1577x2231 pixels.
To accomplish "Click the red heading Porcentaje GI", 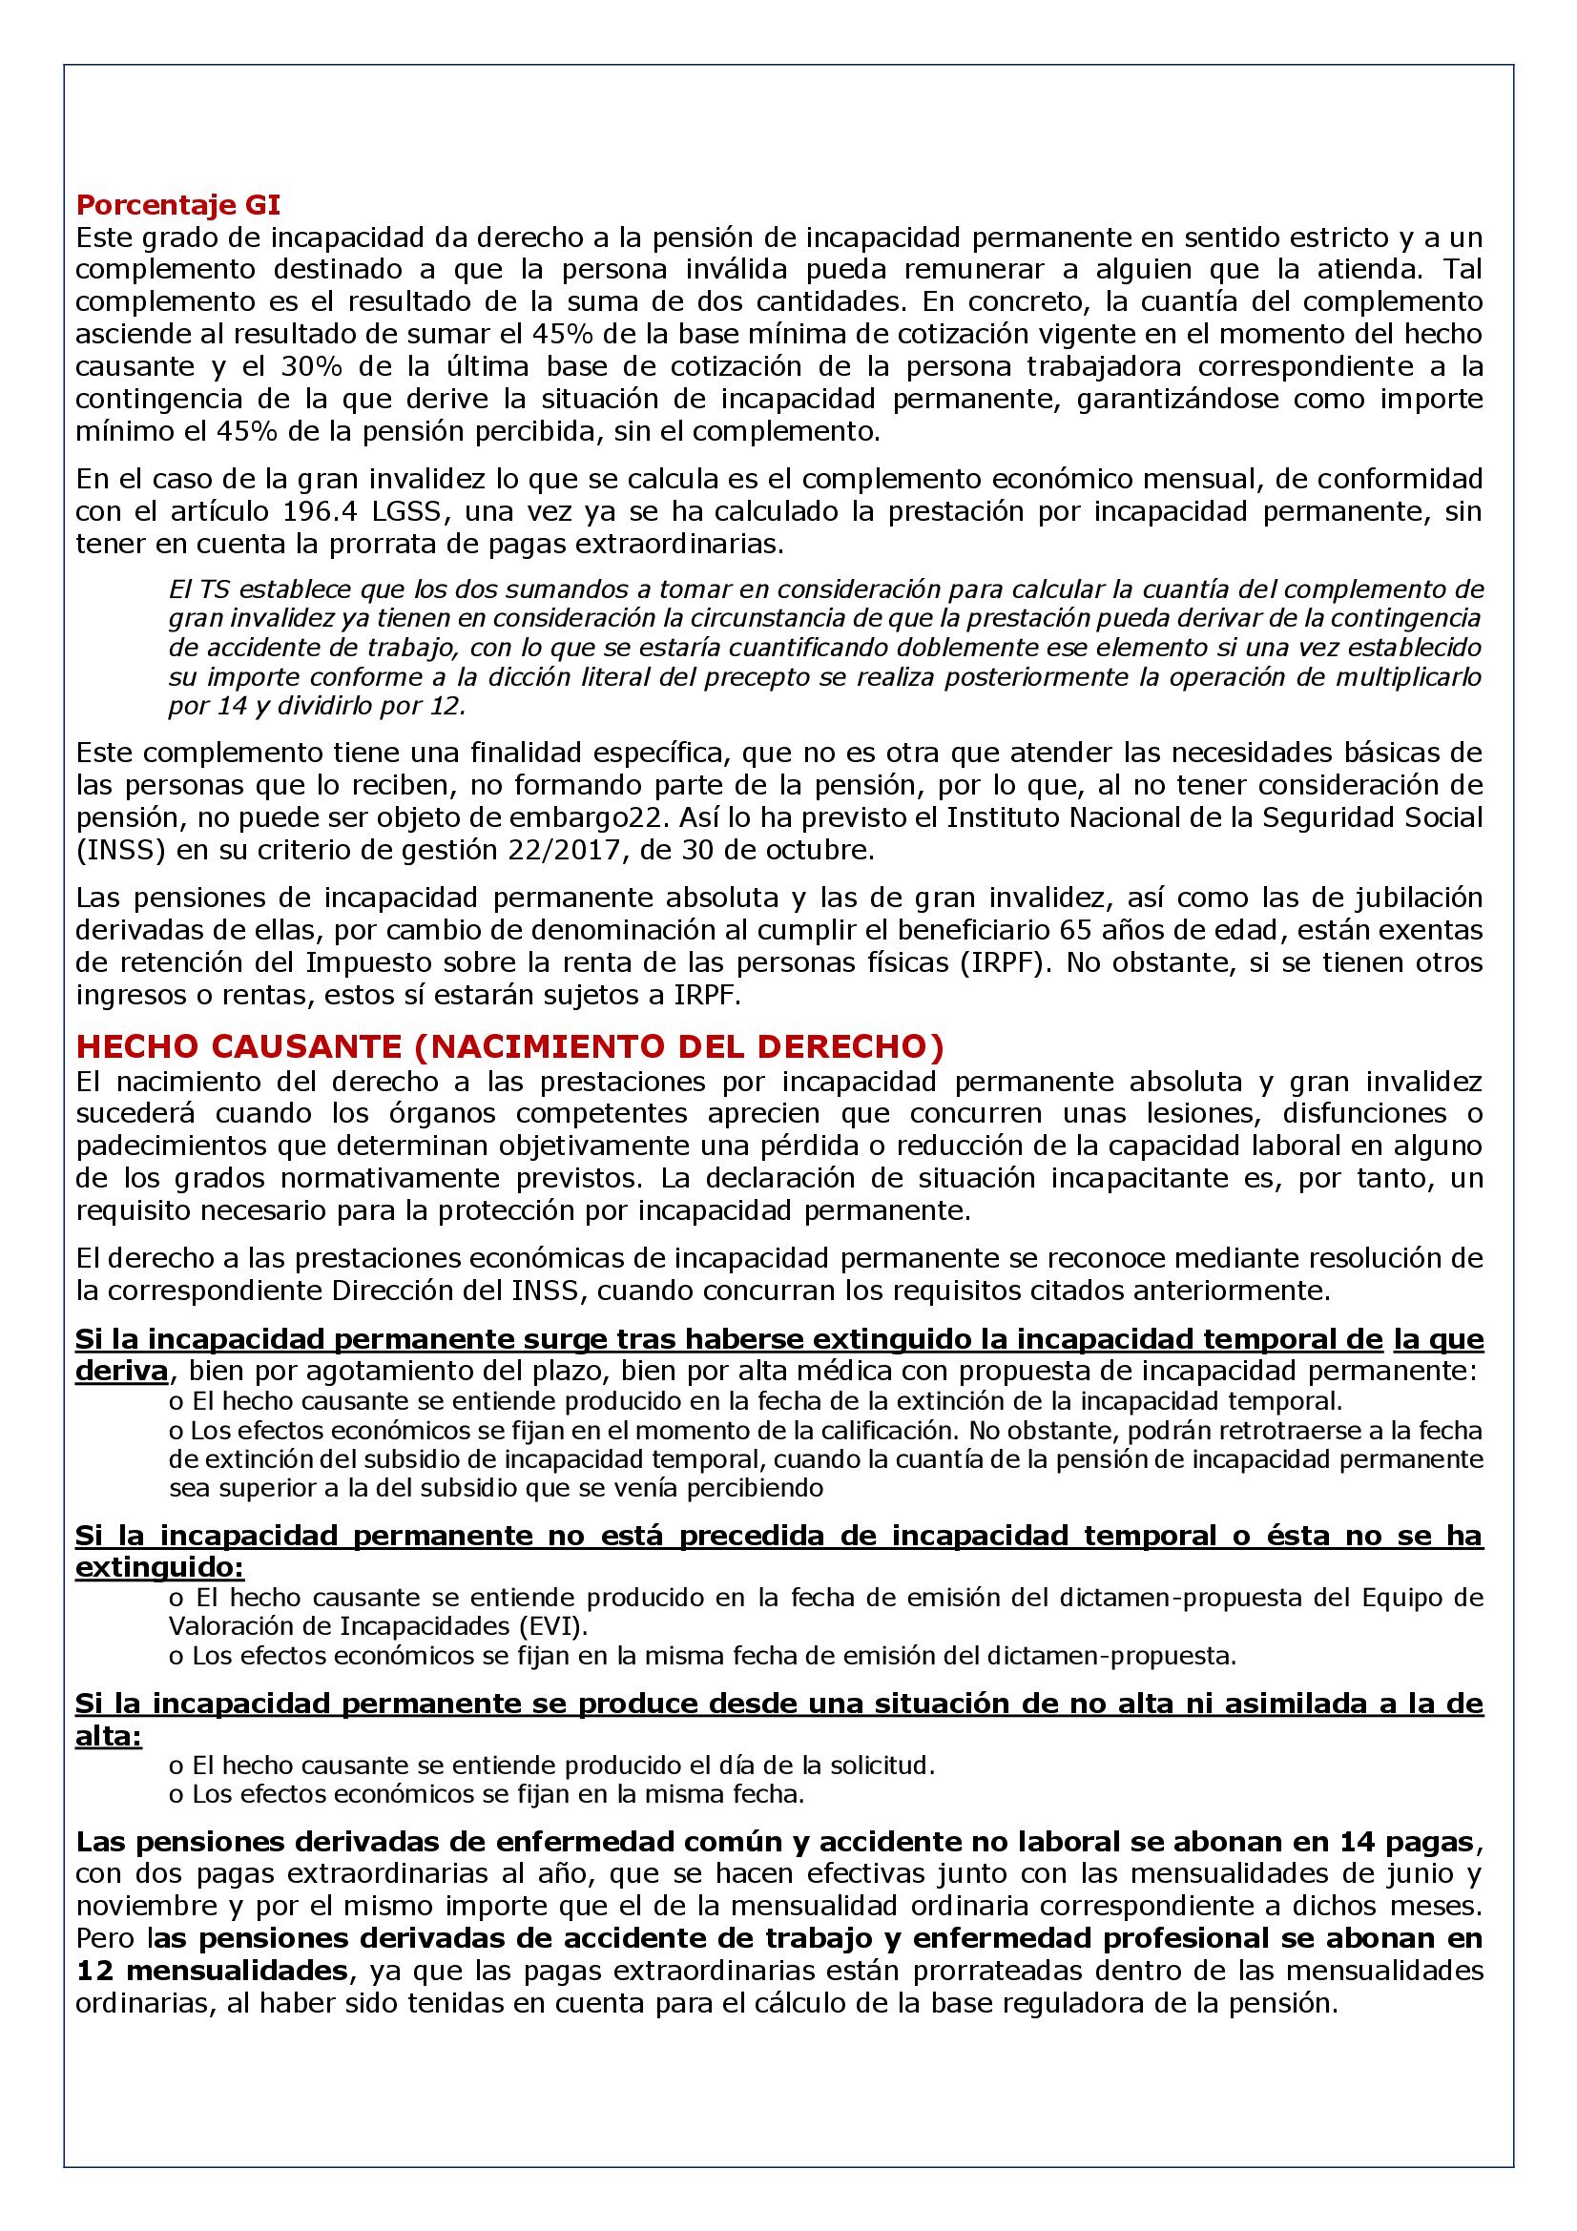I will pyautogui.click(x=178, y=206).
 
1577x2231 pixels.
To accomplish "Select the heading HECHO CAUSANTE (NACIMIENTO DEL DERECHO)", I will pyautogui.click(x=509, y=1046).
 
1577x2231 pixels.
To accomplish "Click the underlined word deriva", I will pyautogui.click(x=121, y=1371).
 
